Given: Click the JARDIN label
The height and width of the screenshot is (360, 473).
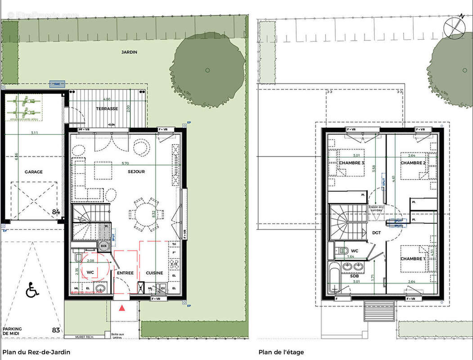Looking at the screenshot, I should click(129, 52).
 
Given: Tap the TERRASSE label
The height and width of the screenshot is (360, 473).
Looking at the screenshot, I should click(107, 109).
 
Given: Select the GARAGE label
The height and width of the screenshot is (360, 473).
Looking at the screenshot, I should click(34, 172).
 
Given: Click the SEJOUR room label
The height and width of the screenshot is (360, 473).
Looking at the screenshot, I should click(136, 171).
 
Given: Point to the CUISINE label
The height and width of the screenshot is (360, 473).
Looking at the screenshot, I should click(154, 273).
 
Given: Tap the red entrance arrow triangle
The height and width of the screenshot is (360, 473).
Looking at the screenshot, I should click(122, 308).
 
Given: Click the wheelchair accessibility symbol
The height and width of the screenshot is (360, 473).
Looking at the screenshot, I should click(32, 290).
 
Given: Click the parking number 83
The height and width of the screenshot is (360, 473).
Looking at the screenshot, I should click(56, 331).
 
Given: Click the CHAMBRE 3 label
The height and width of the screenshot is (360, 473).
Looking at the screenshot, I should click(351, 162).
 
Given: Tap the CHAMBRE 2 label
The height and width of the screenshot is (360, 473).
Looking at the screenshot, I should click(413, 162).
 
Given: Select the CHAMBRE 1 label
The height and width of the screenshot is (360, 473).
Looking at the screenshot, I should click(412, 259).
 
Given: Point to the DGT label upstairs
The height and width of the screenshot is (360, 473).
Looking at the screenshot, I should click(376, 233).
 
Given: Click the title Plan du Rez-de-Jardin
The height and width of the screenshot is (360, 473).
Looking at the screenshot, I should click(36, 352).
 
